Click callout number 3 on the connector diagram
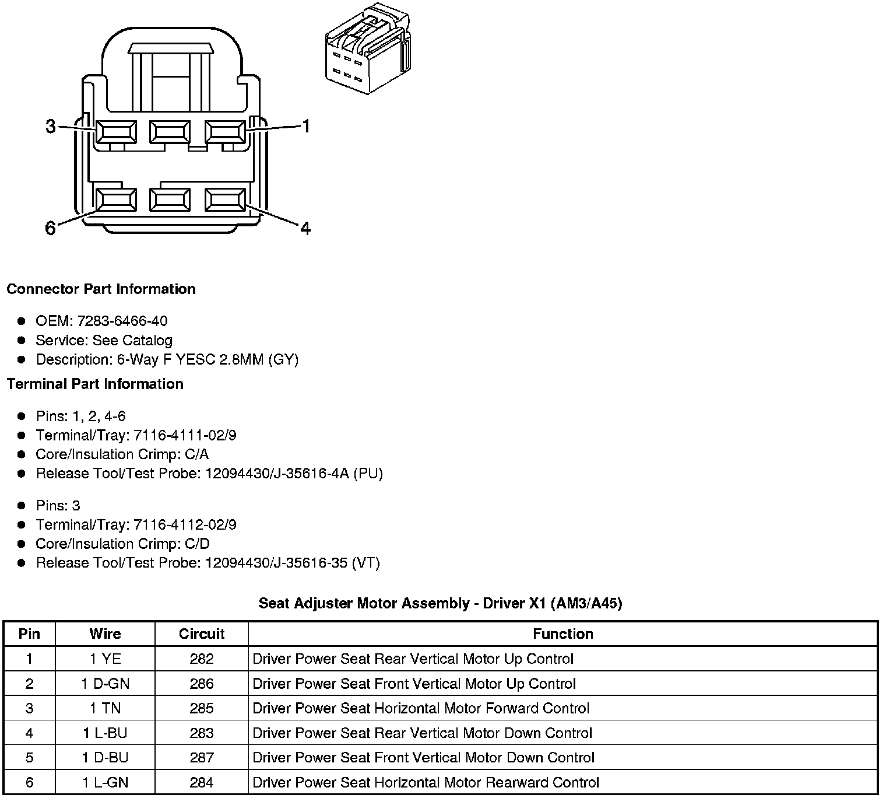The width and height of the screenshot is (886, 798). (x=51, y=126)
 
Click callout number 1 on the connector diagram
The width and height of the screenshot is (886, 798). (x=305, y=126)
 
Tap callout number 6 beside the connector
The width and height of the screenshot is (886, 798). (x=51, y=228)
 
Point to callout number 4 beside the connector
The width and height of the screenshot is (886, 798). (x=305, y=228)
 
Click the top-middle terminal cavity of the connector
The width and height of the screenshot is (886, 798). (x=170, y=131)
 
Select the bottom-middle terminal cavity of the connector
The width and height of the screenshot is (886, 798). (x=170, y=199)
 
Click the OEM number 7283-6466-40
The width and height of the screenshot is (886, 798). (x=122, y=321)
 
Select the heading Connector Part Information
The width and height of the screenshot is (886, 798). (x=101, y=289)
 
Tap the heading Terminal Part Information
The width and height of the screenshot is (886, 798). (x=95, y=384)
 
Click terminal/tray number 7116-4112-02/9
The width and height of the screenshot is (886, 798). (x=185, y=524)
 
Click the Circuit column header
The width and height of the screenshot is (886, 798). (x=202, y=633)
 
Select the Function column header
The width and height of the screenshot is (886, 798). (x=563, y=633)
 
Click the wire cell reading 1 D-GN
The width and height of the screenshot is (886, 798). (x=106, y=684)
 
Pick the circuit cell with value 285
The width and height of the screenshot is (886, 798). (x=202, y=708)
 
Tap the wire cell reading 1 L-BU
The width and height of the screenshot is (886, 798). (x=106, y=733)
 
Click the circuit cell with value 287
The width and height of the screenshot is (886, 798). (x=202, y=757)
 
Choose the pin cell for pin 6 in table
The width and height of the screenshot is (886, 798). (x=29, y=782)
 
